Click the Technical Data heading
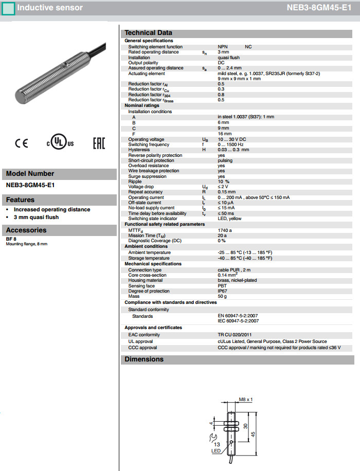point(149,33)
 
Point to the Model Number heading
point(30,174)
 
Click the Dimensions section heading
point(144,359)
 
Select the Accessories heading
point(26,230)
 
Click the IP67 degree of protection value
point(222,291)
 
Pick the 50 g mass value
point(222,297)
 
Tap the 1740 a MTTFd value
point(225,230)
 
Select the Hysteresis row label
point(139,150)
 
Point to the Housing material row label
point(150,280)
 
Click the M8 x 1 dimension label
point(247,400)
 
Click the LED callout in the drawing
point(216,451)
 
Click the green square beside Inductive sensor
point(8,8)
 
